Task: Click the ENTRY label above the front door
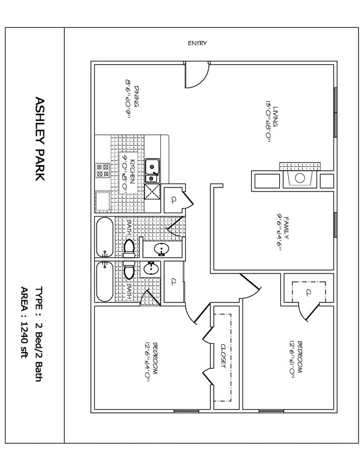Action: [198, 44]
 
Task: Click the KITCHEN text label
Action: [132, 173]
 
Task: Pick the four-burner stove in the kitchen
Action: [102, 170]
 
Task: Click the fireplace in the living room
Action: [299, 179]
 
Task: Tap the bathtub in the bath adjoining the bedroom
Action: [104, 281]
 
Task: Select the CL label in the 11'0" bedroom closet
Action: [308, 292]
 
